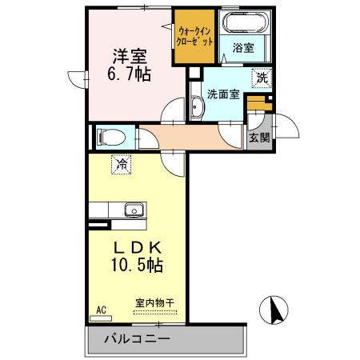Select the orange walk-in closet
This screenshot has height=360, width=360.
click(194, 37)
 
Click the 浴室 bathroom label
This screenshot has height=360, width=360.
click(243, 48)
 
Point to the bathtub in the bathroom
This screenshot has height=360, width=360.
click(244, 24)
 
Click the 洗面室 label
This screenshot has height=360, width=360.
click(222, 94)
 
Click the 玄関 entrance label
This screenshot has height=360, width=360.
click(258, 137)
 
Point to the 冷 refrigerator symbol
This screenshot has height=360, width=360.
click(122, 166)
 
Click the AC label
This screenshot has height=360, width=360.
click(102, 309)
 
